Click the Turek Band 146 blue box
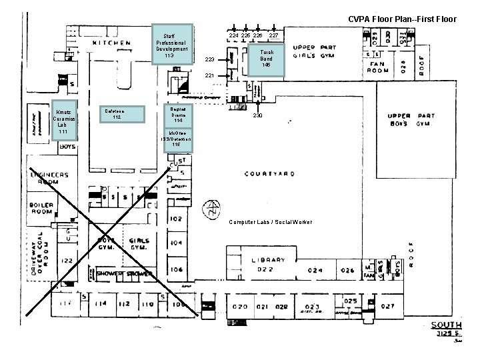tap(266, 59)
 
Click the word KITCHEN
tap(111, 43)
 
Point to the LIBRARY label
tap(269, 259)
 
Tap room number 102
tap(176, 219)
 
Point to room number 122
tap(67, 261)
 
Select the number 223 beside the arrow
tap(209, 60)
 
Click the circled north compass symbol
tap(213, 207)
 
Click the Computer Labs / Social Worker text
tap(269, 221)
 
